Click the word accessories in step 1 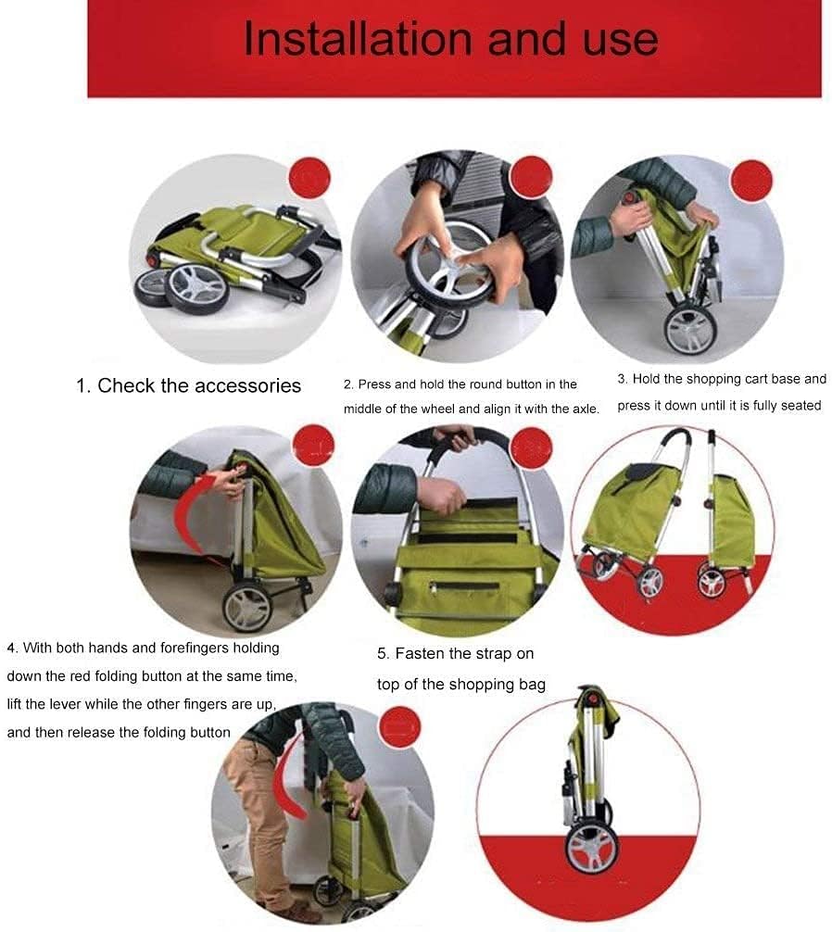click(247, 385)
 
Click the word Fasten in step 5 click(420, 654)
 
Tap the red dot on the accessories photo click(309, 178)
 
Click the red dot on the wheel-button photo click(531, 177)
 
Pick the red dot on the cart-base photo click(751, 180)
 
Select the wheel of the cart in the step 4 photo click(246, 607)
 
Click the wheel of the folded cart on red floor click(591, 848)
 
